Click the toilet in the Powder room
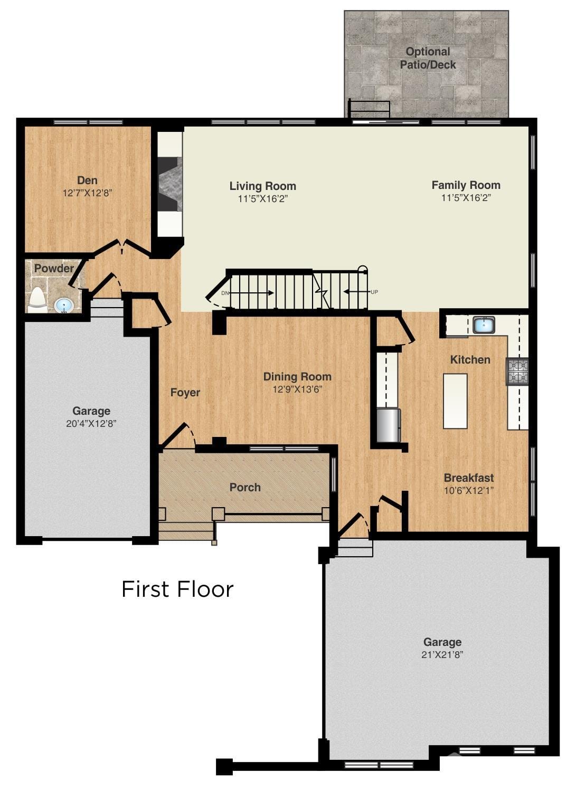[x=36, y=299]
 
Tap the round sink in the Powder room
[x=64, y=304]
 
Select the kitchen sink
[x=483, y=325]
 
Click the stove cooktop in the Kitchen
[x=517, y=371]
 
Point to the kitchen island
[x=455, y=401]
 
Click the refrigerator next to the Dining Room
[x=389, y=425]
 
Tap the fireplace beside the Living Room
[x=170, y=183]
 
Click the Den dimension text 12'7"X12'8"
[x=87, y=193]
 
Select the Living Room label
[x=262, y=186]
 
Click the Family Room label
[x=466, y=185]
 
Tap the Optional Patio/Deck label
[x=428, y=58]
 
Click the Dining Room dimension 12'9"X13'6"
[x=297, y=389]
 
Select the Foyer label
[x=185, y=393]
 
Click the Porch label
[x=245, y=487]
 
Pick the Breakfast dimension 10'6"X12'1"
[x=469, y=490]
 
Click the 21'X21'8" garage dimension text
[x=442, y=655]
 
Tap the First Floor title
[x=177, y=589]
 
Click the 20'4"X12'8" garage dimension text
[x=91, y=423]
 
